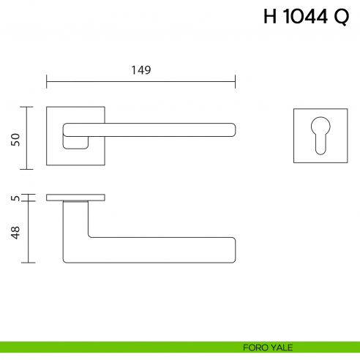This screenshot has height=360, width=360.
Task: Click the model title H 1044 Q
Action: [x=306, y=18]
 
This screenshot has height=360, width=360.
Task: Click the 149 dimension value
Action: [x=140, y=70]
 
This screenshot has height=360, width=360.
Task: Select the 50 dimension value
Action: [x=15, y=138]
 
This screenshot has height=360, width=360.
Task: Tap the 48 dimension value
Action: [x=15, y=233]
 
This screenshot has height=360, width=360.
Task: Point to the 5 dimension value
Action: [x=15, y=198]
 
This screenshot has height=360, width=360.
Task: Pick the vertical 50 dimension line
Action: [x=28, y=138]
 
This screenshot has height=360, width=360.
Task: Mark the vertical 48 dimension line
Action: [x=28, y=232]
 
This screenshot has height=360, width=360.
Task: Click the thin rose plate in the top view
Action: [x=75, y=198]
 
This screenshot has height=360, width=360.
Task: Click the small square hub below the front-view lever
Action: [x=74, y=143]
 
